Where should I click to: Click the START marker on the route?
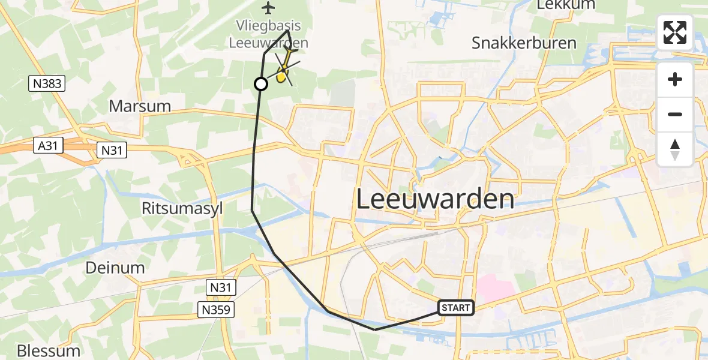click(456, 308)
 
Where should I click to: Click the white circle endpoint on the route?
click(261, 84)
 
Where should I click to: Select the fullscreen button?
click(675, 32)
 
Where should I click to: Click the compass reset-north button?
click(675, 149)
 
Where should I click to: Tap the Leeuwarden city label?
click(436, 199)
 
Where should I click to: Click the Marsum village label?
click(140, 106)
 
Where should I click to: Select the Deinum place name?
click(115, 268)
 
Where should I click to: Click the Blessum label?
click(49, 350)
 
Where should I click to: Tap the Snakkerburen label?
click(524, 43)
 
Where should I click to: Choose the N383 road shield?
click(47, 84)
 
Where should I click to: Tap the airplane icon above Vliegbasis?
click(268, 8)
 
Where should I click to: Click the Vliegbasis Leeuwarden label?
click(268, 34)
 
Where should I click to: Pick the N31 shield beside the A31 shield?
click(112, 149)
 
